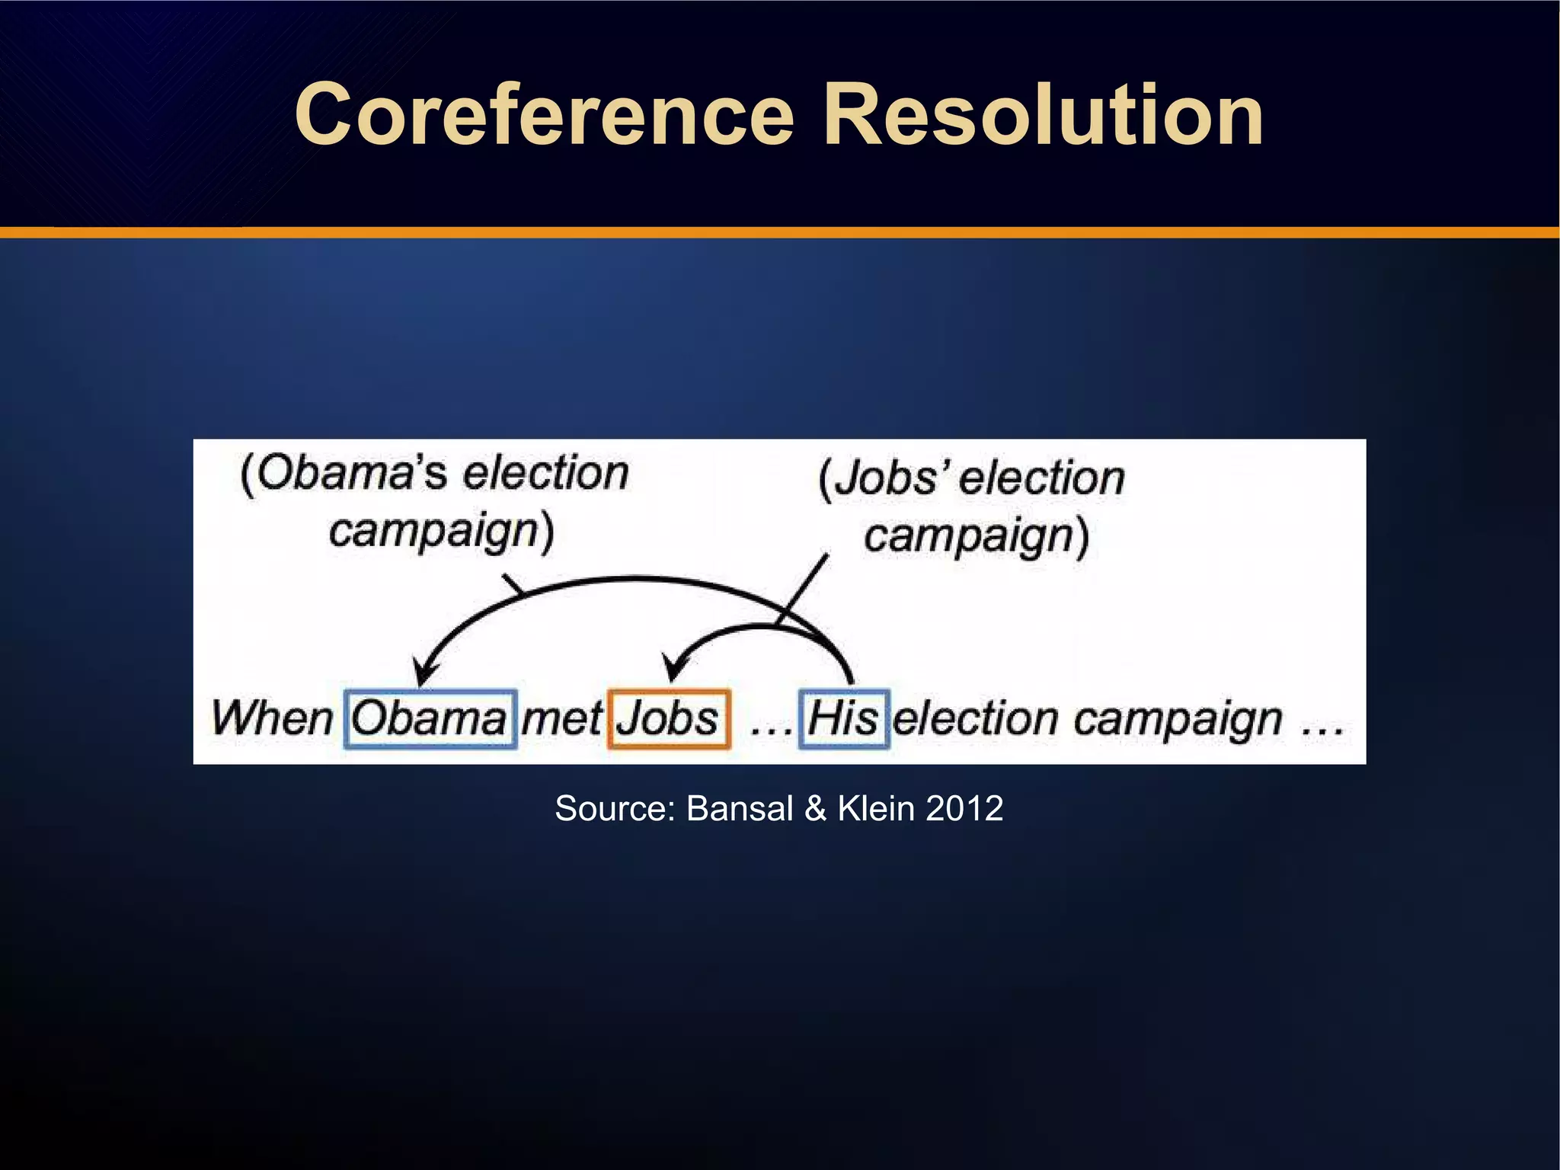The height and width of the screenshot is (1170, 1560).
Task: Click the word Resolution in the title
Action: click(1043, 116)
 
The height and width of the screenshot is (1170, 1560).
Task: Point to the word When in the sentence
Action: click(272, 718)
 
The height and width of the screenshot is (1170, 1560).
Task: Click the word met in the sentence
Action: click(562, 718)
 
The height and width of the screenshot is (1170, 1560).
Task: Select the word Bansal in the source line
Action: click(740, 808)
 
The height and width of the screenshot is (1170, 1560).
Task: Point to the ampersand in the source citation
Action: click(815, 808)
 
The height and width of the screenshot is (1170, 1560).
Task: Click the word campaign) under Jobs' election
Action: click(976, 536)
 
